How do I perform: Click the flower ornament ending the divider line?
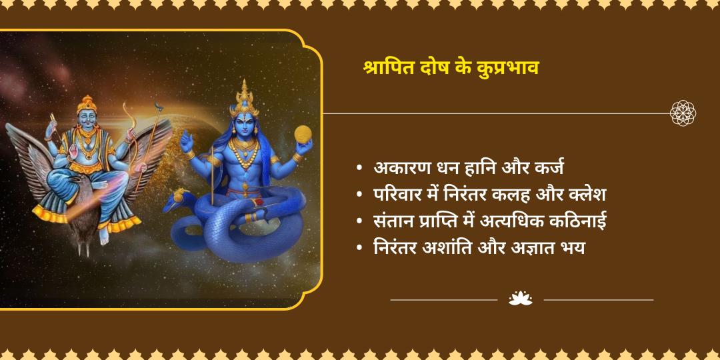[x=683, y=113]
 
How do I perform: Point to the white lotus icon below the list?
[x=520, y=299]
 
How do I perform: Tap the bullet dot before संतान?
[x=360, y=222]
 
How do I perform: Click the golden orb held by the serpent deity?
[x=303, y=133]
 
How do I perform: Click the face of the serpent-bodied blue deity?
[x=245, y=129]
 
